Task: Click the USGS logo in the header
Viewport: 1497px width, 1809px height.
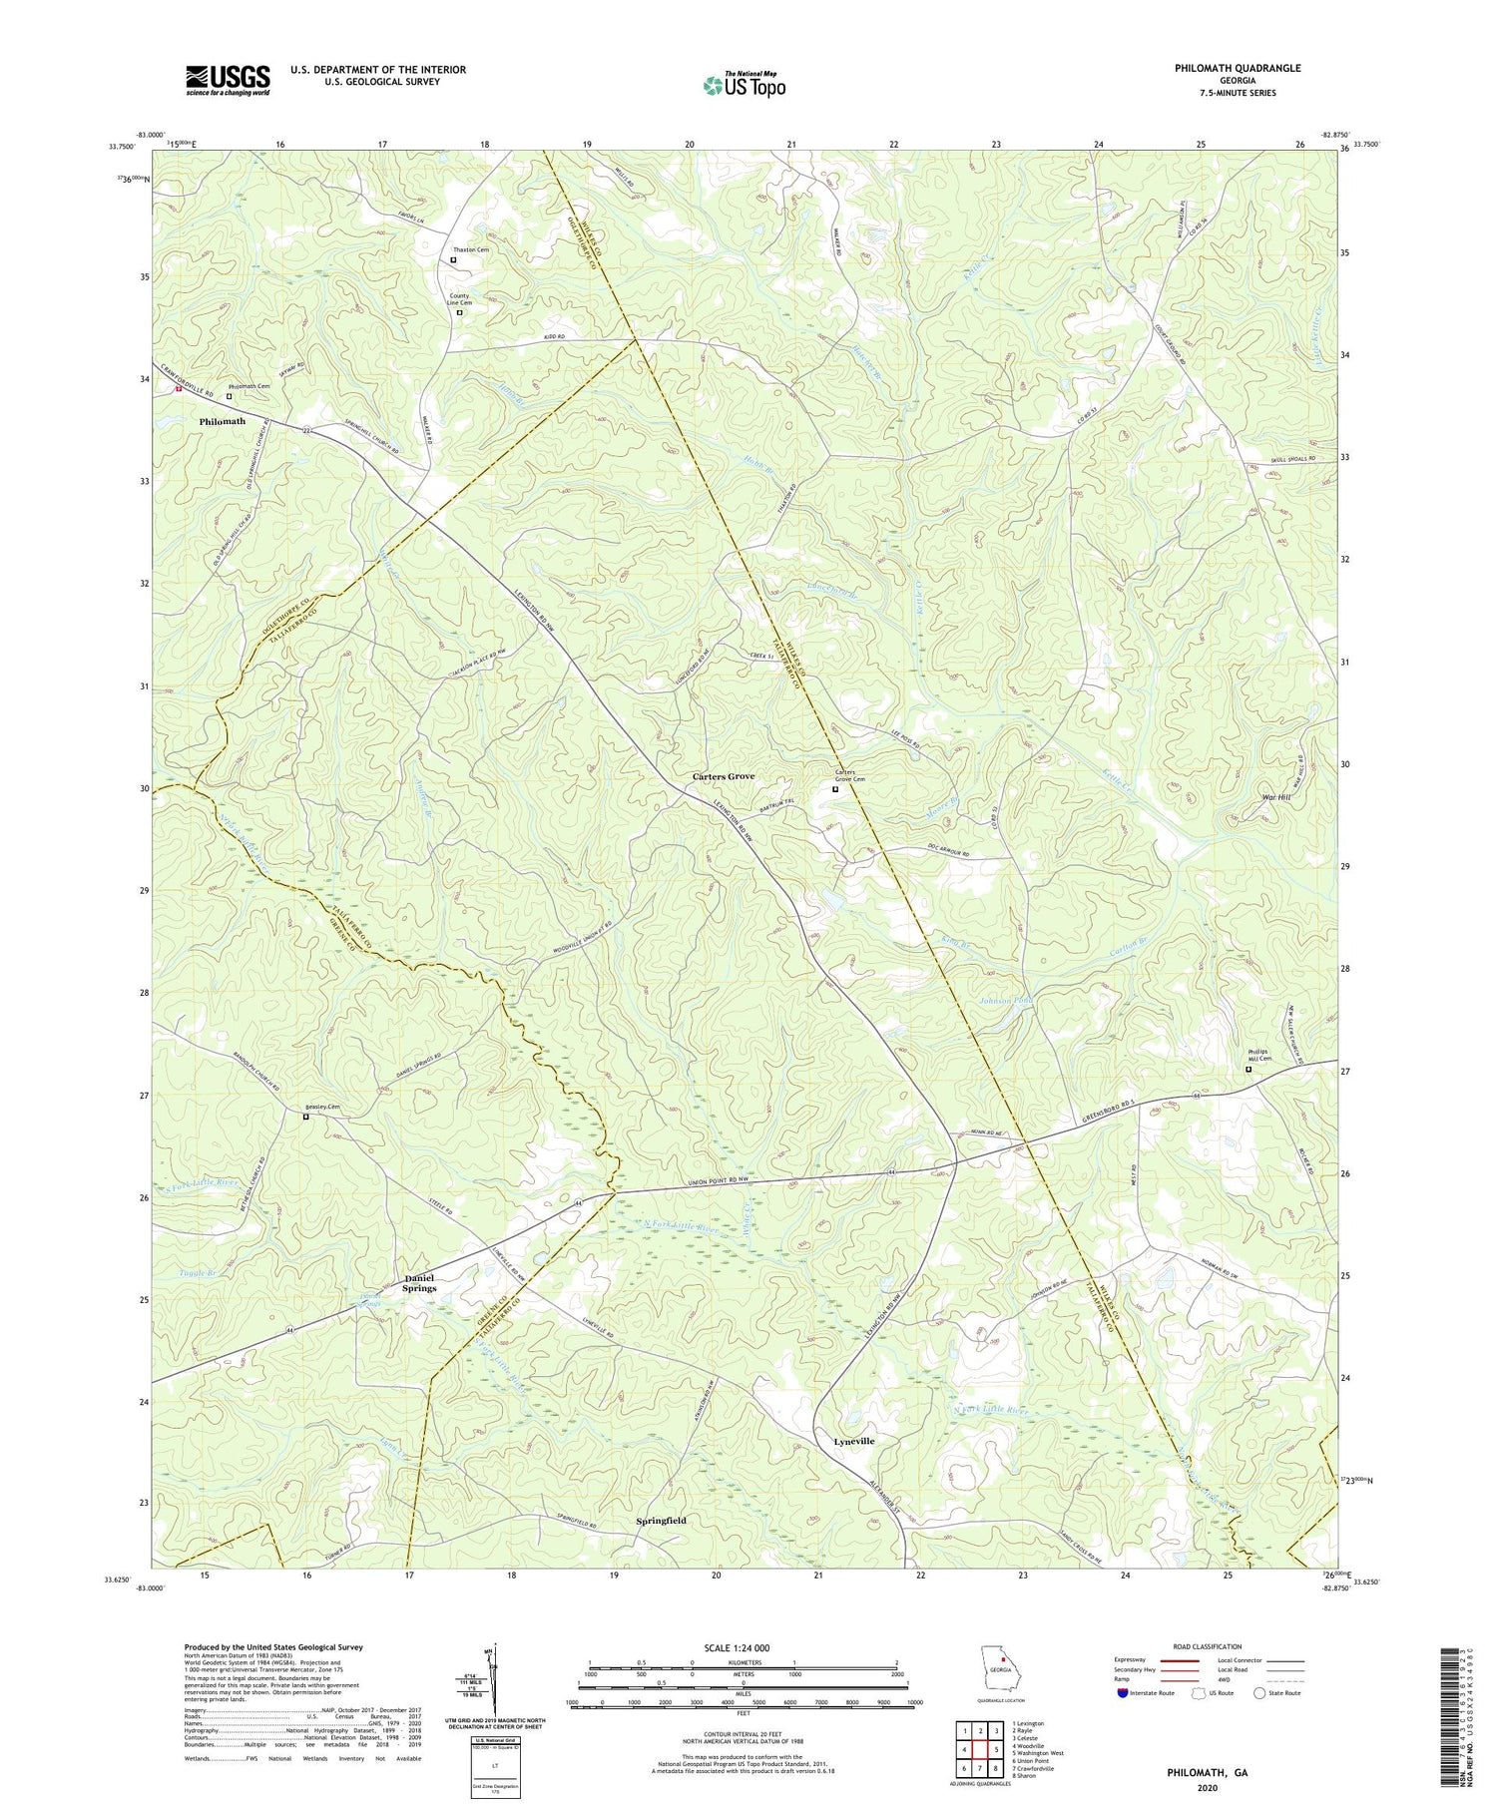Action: click(x=228, y=80)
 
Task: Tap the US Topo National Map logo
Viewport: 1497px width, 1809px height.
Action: click(x=744, y=85)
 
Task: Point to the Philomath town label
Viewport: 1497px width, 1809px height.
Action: click(x=222, y=421)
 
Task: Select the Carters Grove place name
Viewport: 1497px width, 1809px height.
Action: click(x=724, y=776)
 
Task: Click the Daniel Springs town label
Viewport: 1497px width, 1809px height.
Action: click(x=419, y=1283)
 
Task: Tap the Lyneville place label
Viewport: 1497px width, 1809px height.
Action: click(x=853, y=1441)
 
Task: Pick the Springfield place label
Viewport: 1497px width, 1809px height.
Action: click(x=661, y=1520)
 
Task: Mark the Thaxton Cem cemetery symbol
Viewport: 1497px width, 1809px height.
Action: click(x=453, y=260)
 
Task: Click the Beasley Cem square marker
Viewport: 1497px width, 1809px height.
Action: click(x=306, y=1117)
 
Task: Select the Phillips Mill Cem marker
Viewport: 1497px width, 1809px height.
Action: click(x=1247, y=1069)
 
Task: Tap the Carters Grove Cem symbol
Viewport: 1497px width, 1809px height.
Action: click(x=835, y=789)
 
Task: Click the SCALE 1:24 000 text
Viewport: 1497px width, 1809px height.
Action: click(x=743, y=1647)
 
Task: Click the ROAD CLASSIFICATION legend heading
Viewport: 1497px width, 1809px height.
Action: click(x=1207, y=1646)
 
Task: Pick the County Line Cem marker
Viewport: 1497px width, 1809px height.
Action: click(x=459, y=312)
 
